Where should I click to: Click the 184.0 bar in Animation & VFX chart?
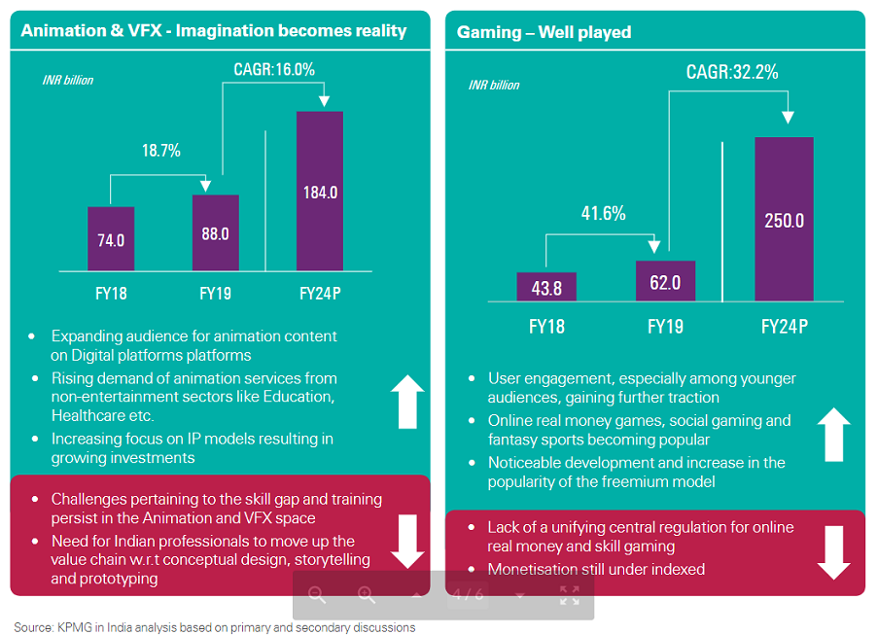point(320,191)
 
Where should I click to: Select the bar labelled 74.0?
point(111,238)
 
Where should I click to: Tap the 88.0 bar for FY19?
point(215,232)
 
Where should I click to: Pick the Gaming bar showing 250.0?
point(784,219)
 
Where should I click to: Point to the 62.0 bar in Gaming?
point(665,281)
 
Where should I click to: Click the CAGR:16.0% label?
point(274,69)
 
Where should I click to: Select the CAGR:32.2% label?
point(731,72)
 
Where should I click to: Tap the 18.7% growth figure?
point(161,151)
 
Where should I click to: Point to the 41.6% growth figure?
point(603,213)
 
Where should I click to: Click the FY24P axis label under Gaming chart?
point(784,327)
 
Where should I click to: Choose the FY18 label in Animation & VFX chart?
point(110,292)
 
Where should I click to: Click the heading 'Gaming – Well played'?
point(544,32)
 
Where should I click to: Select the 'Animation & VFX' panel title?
point(214,31)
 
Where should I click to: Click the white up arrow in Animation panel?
point(406,402)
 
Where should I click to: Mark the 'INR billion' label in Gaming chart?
point(494,86)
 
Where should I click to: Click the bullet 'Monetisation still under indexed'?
point(596,569)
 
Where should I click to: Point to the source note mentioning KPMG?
point(214,627)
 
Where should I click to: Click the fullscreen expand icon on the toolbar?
point(569,595)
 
